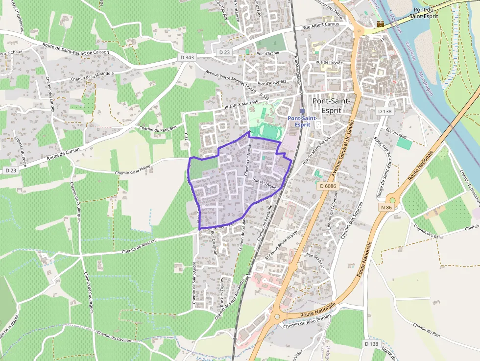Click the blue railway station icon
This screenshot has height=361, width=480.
click(x=302, y=111)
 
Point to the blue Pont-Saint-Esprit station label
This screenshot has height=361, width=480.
click(x=302, y=121)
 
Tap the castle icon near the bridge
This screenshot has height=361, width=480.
click(x=381, y=24)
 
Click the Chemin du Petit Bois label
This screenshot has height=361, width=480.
click(x=158, y=128)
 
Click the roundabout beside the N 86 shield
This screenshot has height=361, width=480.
click(x=392, y=200)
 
